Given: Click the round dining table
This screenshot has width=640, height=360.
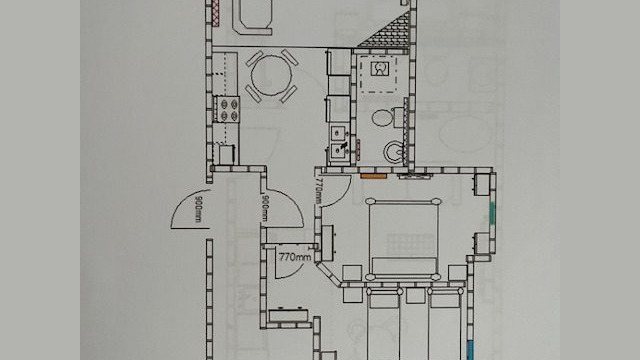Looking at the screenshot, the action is [271, 75].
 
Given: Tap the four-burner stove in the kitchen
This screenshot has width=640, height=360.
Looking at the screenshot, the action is [228, 109].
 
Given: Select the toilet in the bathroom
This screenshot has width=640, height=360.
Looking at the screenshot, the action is [393, 151].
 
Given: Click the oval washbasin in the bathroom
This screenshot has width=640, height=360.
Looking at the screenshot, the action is [382, 118].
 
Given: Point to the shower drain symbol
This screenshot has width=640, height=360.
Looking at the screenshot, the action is [380, 69].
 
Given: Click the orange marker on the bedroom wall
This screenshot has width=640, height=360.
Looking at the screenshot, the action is [373, 176].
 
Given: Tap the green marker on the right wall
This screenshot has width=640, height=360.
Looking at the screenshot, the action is [492, 212].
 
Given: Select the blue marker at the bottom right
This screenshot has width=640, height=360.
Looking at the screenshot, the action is [470, 351].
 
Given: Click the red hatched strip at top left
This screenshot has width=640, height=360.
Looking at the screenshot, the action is [216, 13].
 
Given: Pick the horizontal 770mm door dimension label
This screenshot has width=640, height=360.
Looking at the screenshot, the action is [295, 257].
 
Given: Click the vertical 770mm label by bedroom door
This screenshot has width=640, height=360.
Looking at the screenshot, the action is [318, 190].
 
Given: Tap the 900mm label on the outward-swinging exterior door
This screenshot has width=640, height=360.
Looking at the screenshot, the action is [199, 209].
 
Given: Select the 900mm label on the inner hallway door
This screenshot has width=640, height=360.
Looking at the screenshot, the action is [264, 209].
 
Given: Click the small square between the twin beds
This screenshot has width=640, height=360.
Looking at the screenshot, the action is [415, 296].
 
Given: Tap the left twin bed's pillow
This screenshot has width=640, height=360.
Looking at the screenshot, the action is [383, 300].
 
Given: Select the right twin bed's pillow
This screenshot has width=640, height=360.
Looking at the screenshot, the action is [445, 300].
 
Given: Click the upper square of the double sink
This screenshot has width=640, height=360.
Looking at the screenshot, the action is [338, 133].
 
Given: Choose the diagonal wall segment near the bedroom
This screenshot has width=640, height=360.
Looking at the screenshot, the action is [329, 273].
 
